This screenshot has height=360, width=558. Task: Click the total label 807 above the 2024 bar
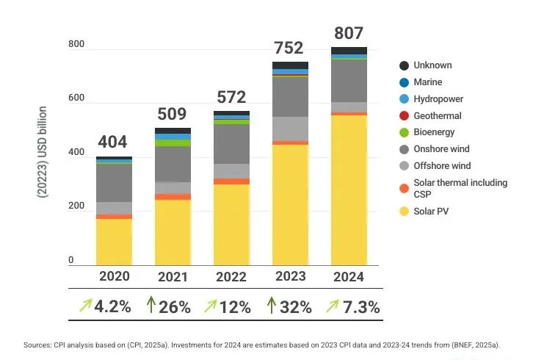click(349, 33)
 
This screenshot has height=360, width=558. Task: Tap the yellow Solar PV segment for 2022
click(231, 224)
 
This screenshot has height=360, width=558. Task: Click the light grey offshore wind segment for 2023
click(290, 129)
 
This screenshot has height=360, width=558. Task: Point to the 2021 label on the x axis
click(173, 277)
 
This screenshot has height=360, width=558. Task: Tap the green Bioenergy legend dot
click(404, 132)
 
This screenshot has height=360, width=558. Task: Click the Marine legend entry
click(427, 82)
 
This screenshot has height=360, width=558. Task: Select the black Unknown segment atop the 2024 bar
click(349, 51)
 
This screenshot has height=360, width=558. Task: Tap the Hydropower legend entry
click(438, 98)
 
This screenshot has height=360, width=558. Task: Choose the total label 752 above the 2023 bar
click(289, 48)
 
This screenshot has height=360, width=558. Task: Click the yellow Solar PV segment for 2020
click(114, 242)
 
